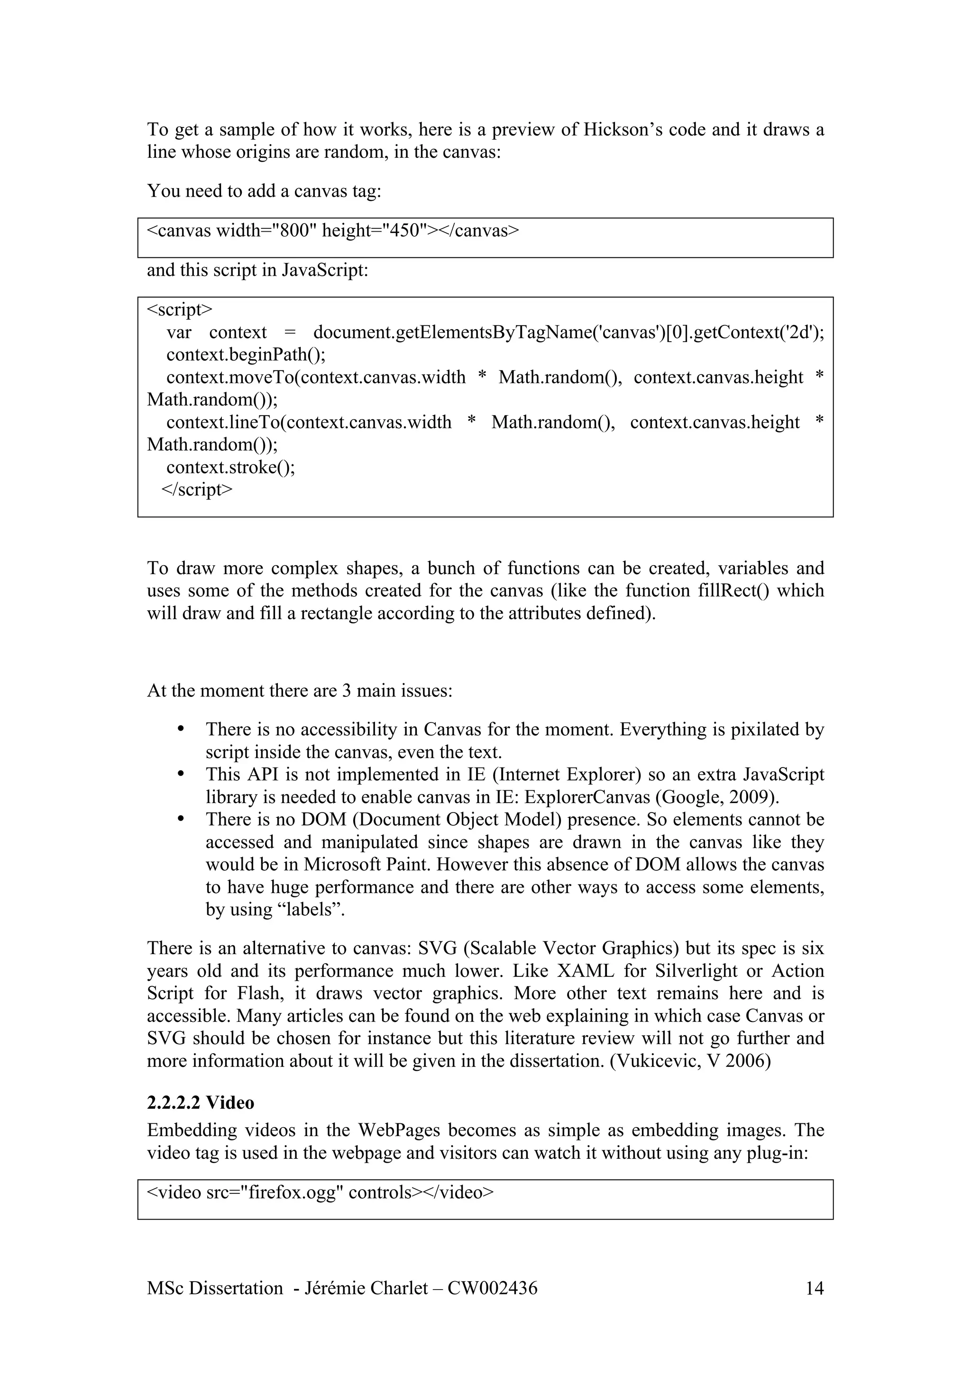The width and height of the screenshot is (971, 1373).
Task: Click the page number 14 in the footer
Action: coord(814,1288)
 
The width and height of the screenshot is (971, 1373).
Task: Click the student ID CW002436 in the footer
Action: coord(492,1288)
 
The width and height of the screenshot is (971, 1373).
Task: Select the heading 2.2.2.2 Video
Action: coord(201,1102)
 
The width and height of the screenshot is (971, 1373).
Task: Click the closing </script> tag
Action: coord(197,489)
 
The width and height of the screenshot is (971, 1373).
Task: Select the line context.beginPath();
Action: coord(246,354)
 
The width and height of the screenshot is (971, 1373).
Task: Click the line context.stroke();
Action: coord(230,467)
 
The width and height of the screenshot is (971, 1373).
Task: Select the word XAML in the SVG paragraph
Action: coord(585,971)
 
